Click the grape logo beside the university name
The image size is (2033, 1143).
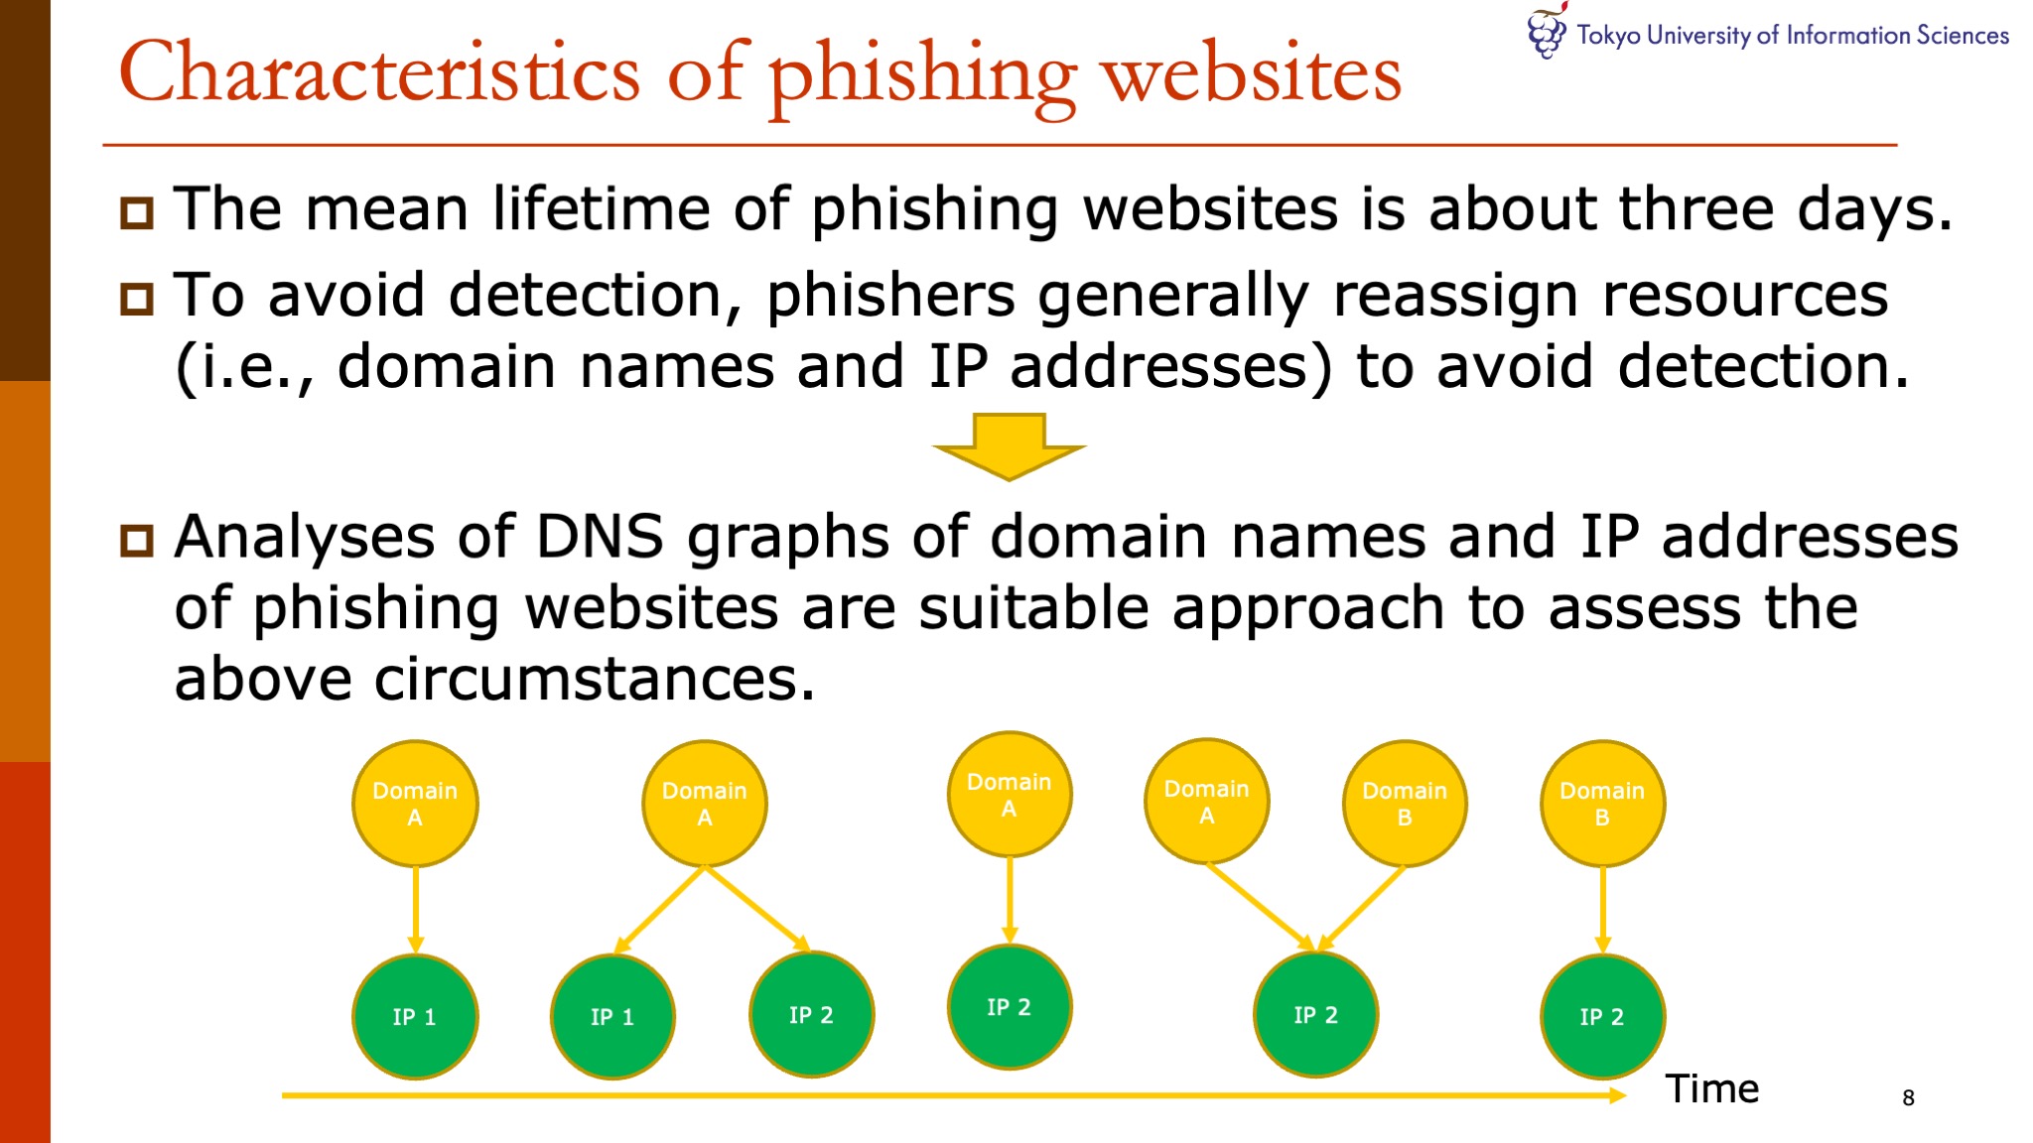(1546, 32)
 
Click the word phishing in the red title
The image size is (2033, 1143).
(922, 75)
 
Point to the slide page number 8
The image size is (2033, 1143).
(1908, 1097)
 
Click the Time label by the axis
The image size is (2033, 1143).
(1711, 1089)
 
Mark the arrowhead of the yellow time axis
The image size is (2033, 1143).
(1617, 1095)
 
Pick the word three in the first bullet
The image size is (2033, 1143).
(1696, 209)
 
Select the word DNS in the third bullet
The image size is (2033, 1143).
(600, 537)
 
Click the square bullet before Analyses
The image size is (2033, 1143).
(137, 540)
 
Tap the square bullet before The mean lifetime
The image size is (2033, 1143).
(137, 212)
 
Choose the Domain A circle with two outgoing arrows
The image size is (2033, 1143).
(705, 804)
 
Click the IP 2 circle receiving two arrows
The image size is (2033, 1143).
(1315, 1015)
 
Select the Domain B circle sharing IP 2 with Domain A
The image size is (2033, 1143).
(1404, 804)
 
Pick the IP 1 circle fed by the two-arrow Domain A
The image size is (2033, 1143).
(612, 1016)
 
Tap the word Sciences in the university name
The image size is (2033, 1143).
(1963, 36)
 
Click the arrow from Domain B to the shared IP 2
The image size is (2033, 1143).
(1362, 907)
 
